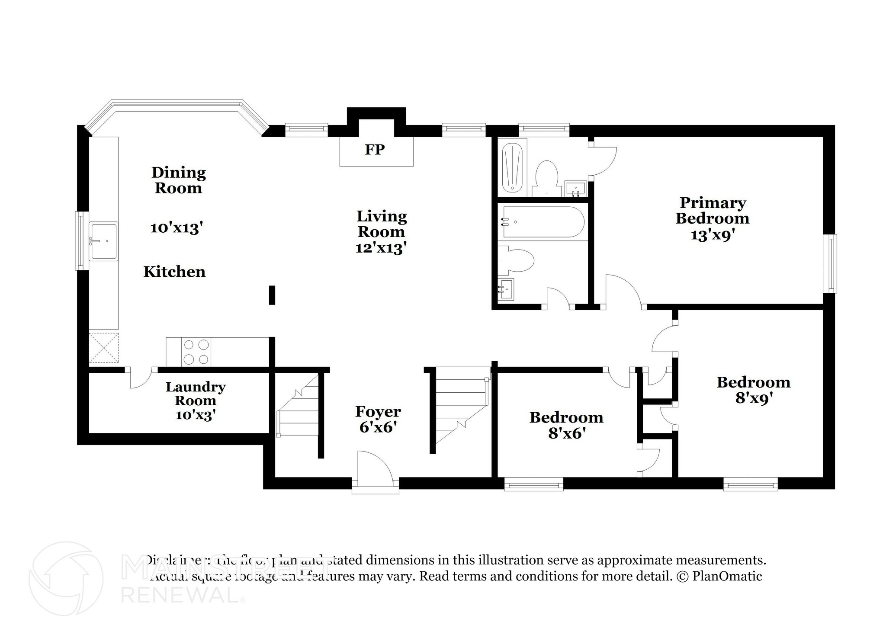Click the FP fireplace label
[375, 150]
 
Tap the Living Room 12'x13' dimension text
[381, 248]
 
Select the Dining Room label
[178, 180]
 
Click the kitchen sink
[103, 241]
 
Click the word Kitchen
[174, 272]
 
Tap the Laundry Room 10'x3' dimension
[196, 415]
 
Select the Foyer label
[378, 411]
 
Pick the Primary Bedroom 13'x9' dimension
[713, 235]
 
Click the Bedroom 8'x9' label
[754, 390]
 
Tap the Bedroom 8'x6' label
[566, 425]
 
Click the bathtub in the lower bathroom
[542, 222]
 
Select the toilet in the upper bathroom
[546, 177]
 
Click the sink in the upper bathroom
[575, 189]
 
